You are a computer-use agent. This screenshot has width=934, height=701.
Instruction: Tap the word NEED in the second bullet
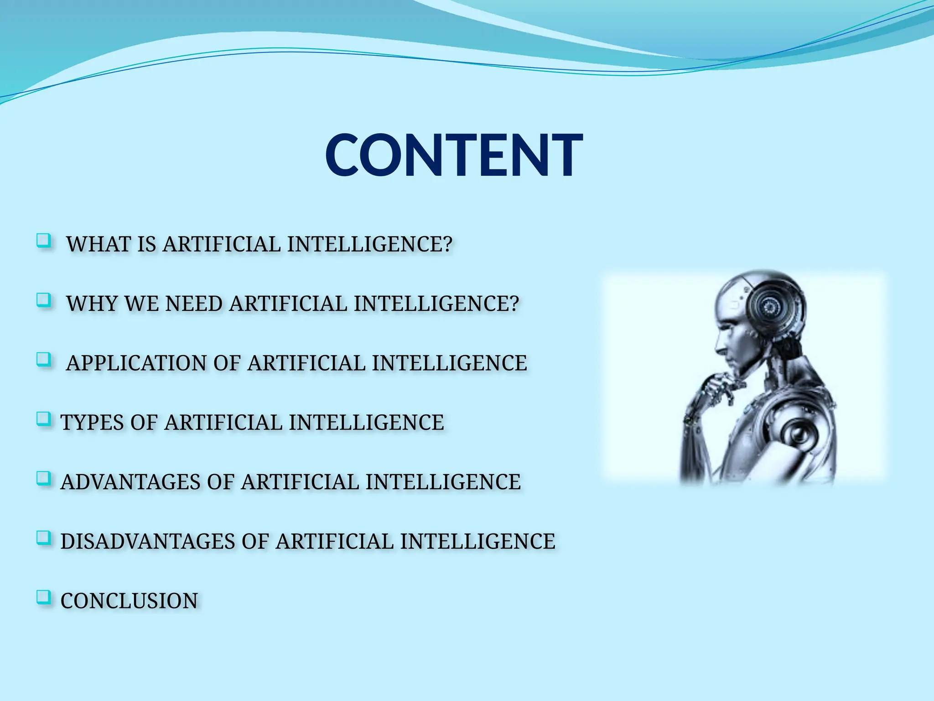click(x=193, y=304)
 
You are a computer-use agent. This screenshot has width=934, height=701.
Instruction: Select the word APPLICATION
click(x=136, y=363)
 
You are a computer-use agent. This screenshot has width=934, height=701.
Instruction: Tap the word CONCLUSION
click(x=129, y=601)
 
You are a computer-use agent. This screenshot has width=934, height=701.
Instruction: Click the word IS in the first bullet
click(x=146, y=244)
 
